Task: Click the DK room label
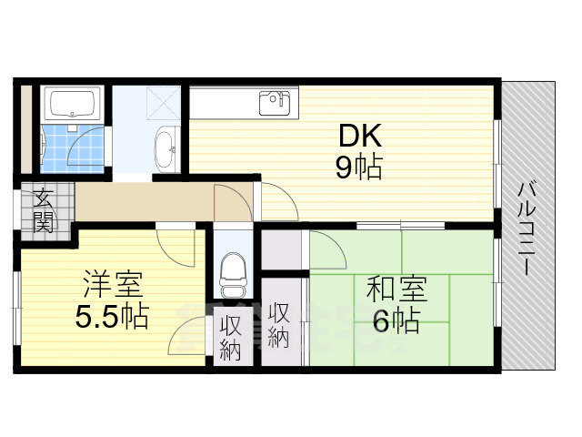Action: pyautogui.click(x=361, y=137)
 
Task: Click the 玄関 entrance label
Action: pyautogui.click(x=43, y=208)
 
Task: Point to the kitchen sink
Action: pyautogui.click(x=276, y=101)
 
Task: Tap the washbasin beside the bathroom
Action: pyautogui.click(x=166, y=148)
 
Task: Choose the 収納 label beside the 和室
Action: pyautogui.click(x=279, y=325)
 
